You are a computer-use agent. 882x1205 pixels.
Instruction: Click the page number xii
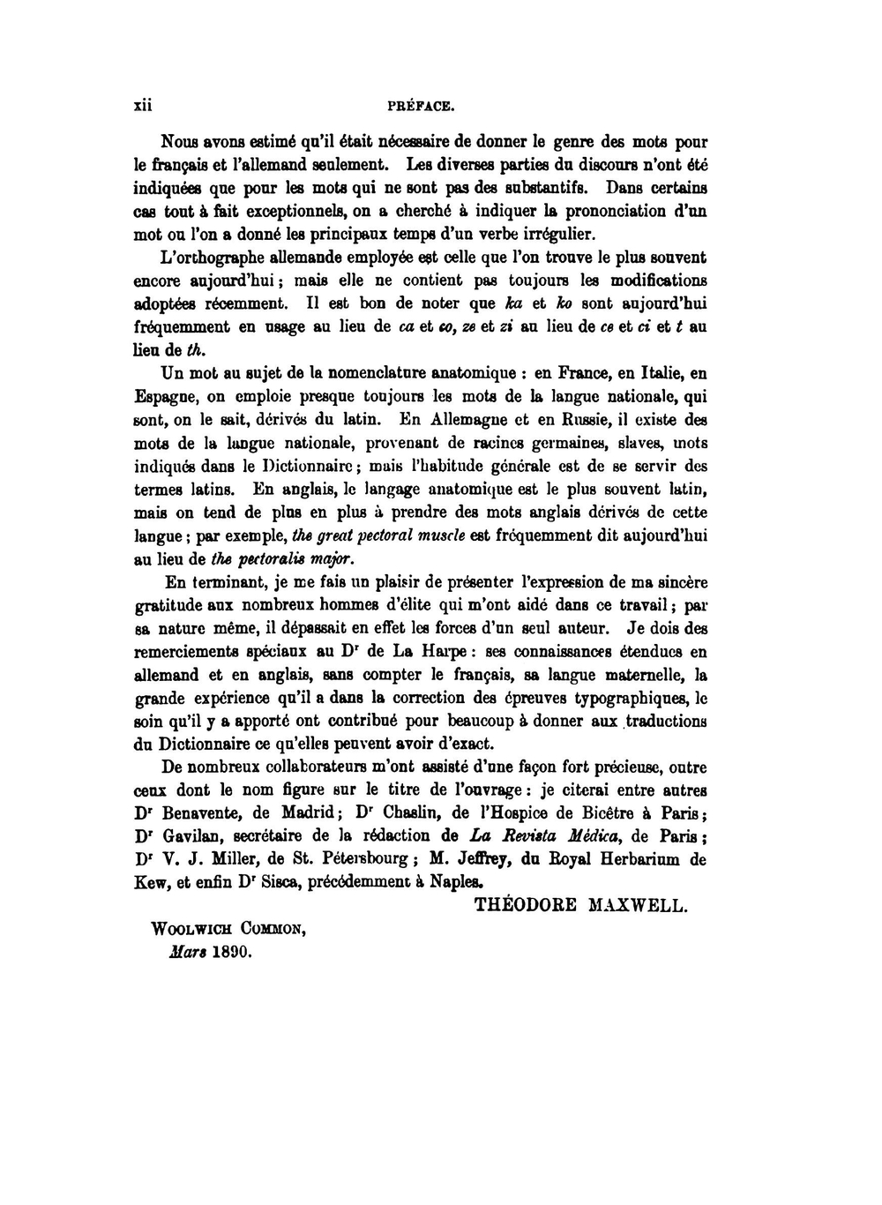(142, 106)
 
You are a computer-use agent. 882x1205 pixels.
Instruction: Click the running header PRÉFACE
(421, 107)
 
